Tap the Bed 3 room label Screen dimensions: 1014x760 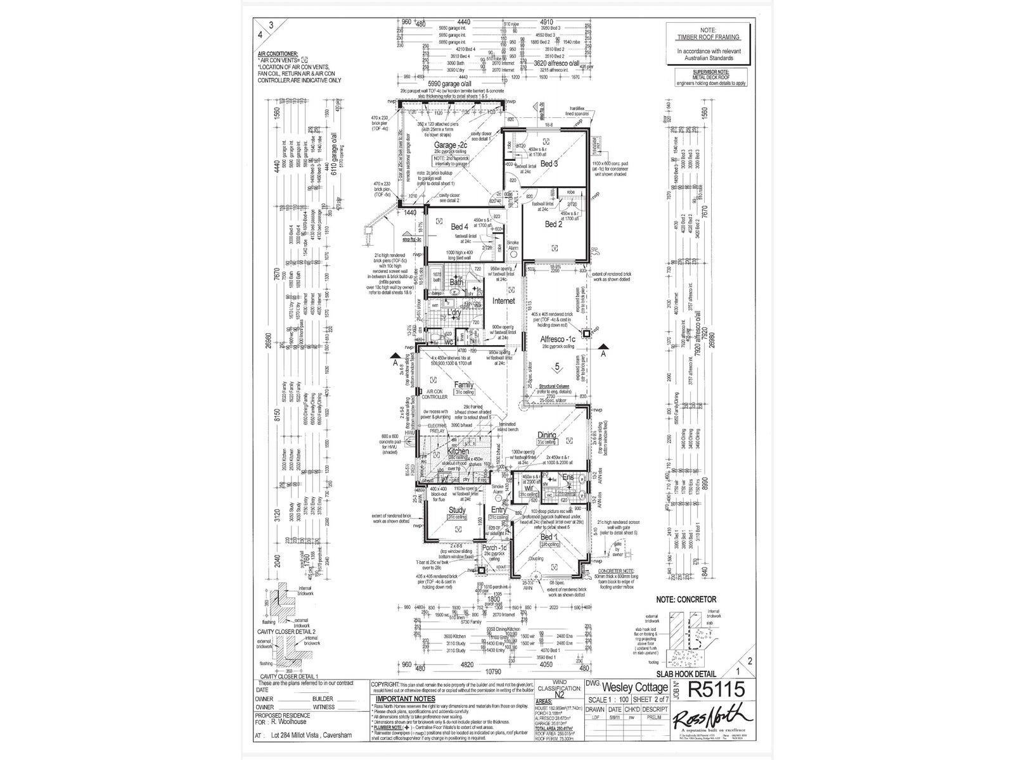tap(549, 163)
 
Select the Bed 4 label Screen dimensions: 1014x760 tap(459, 226)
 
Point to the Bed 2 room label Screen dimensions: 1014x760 tap(554, 224)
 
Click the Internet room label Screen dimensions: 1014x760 tap(504, 301)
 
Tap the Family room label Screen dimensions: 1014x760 tap(464, 384)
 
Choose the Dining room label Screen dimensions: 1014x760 tap(546, 434)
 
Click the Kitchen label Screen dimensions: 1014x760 tap(458, 451)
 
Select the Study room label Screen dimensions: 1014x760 tap(457, 510)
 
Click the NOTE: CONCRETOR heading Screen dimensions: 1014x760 tap(686, 599)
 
